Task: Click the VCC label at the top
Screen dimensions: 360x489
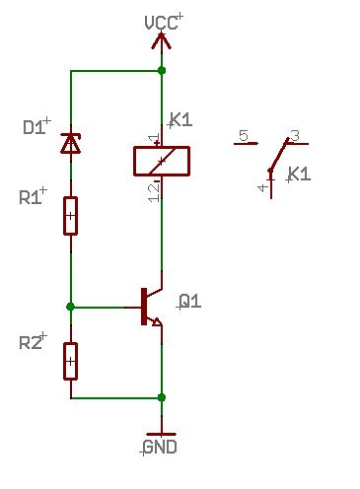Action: coord(161,23)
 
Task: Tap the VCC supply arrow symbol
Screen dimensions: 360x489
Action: coord(161,42)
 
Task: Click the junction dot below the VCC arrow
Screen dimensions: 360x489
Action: coord(162,70)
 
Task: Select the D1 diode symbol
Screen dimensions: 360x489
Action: coord(71,144)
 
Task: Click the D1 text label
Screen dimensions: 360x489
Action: coord(34,127)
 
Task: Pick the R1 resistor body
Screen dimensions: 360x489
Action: coord(70,216)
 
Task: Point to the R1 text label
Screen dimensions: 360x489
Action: coord(31,197)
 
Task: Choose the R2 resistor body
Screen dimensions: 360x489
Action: coord(70,361)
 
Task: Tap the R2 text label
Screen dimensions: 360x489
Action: coord(31,343)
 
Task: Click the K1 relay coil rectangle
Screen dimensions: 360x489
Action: coord(162,161)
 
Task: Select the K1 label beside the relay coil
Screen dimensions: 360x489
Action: coord(180,120)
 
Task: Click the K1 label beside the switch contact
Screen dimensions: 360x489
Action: coord(299,174)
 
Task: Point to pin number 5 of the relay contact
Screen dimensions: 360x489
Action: coord(244,135)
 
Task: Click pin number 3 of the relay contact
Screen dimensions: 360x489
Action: coord(296,135)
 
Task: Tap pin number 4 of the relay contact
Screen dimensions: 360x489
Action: coord(262,188)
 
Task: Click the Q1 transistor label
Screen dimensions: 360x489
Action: coord(190,301)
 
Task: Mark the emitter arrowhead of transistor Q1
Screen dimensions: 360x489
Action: coord(157,321)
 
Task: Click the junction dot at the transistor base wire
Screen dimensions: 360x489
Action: coord(70,307)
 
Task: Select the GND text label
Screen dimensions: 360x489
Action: coord(160,447)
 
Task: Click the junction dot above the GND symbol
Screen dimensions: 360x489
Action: coord(162,397)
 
